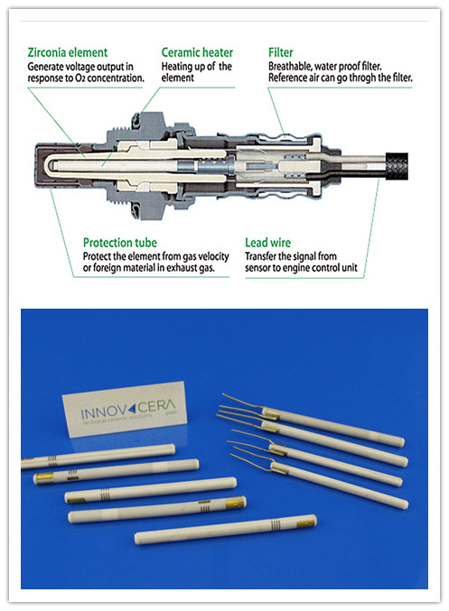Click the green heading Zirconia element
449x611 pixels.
pos(68,52)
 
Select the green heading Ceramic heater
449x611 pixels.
pos(197,52)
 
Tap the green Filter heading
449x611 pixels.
pos(280,52)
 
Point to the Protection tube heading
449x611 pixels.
pos(120,243)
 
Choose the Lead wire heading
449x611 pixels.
pos(267,243)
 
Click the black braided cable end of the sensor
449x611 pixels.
pos(397,166)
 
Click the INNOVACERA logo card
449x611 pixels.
pos(125,409)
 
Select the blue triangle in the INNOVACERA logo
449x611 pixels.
pos(132,408)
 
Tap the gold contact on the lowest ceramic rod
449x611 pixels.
pos(306,523)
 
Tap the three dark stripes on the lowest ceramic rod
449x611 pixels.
pos(276,525)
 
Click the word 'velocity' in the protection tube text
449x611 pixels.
pos(213,256)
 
